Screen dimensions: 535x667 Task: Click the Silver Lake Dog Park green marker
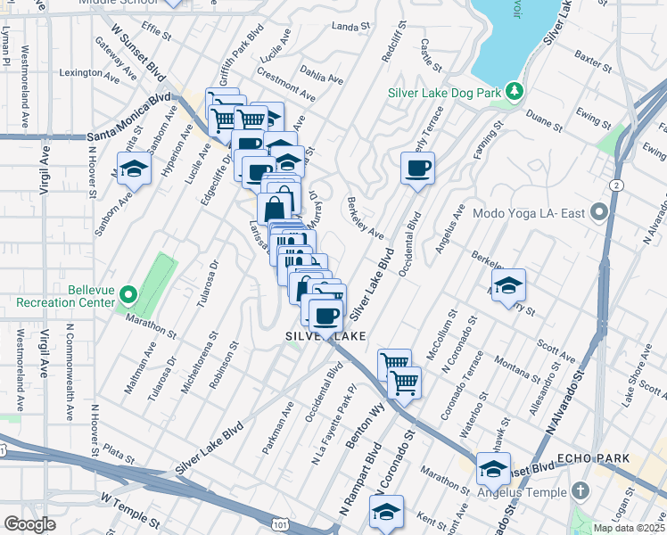pos(515,91)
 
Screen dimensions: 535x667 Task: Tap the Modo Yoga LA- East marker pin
pos(598,213)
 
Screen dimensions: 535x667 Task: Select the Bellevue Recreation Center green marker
pos(128,293)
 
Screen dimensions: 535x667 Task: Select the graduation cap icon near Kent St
pos(386,512)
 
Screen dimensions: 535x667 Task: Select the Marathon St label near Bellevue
pos(151,326)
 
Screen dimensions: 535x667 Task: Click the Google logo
pos(29,524)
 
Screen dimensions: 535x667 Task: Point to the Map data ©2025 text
pos(629,528)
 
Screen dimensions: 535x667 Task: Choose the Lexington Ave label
pos(89,74)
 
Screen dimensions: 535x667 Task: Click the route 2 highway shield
pos(616,185)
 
